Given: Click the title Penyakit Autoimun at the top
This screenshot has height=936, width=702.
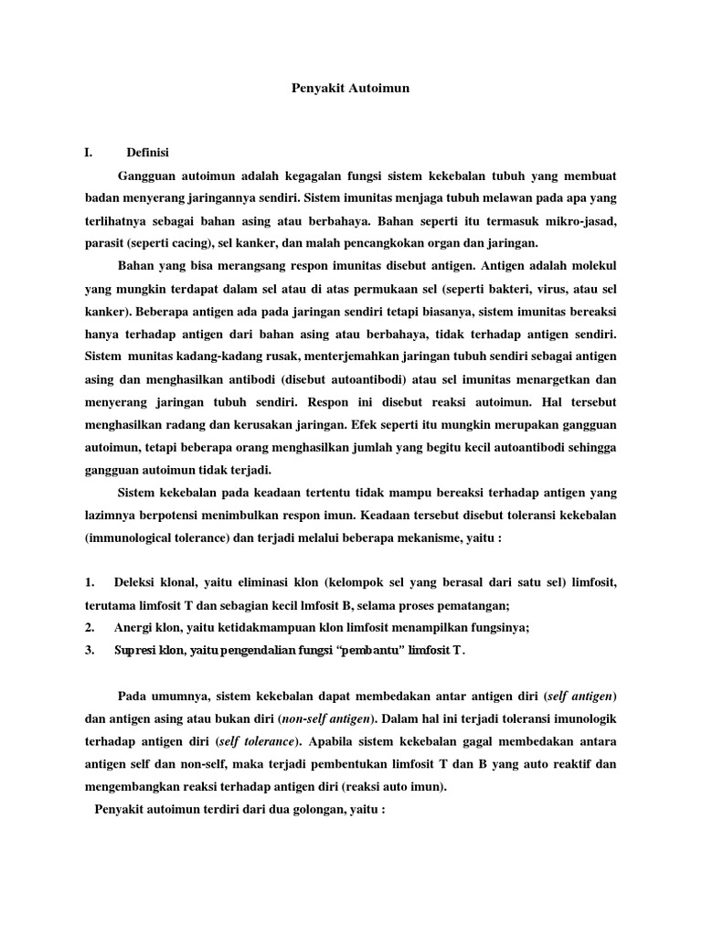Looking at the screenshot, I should coord(350,89).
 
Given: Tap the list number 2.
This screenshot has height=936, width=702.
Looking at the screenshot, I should coord(90,627).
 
